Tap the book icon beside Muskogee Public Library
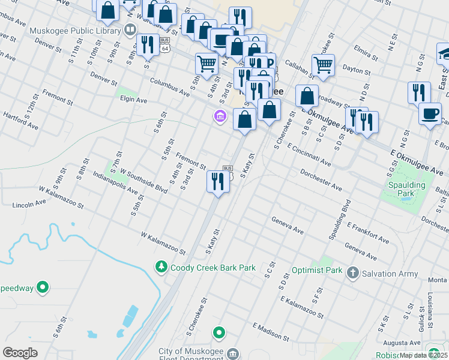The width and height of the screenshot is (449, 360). [x=130, y=29]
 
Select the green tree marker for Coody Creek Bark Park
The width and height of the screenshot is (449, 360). [x=161, y=266]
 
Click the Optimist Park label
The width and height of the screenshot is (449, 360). [x=316, y=271]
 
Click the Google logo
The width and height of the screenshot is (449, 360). [x=20, y=353]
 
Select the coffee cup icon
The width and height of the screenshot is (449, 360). [x=430, y=114]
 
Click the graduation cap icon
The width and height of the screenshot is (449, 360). [x=444, y=54]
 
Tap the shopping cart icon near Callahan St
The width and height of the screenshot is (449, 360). [x=323, y=64]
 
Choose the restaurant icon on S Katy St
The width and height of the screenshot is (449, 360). [x=217, y=181]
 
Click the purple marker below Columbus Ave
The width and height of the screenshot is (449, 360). [x=220, y=116]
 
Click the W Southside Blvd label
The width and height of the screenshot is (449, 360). [x=143, y=180]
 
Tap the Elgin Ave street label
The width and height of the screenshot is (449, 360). [x=133, y=100]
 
